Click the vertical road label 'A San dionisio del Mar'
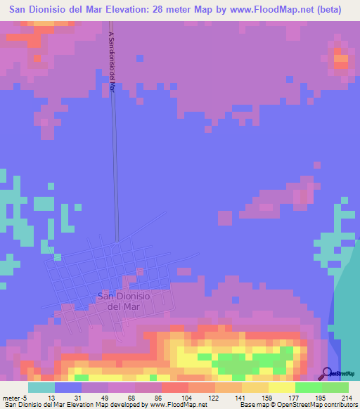pos(112,62)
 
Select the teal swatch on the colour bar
pos(41,387)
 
